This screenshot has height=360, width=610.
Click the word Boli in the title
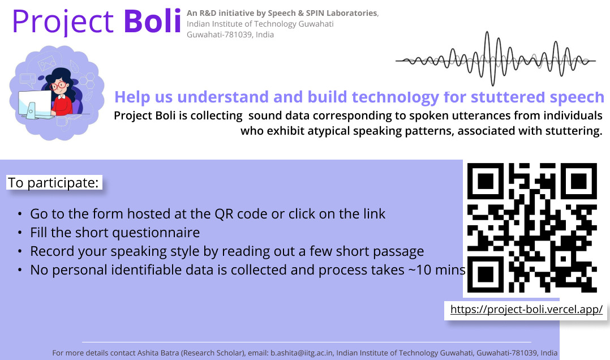point(153,20)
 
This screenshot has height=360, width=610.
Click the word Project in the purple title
point(63,22)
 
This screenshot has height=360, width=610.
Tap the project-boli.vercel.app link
point(526,309)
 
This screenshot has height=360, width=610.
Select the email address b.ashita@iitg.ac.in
point(302,353)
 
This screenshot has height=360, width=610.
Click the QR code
point(532,228)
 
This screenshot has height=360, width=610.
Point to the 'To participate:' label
point(54,182)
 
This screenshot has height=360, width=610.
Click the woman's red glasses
point(58,85)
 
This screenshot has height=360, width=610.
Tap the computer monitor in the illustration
point(35,104)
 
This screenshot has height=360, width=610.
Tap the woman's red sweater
point(62,104)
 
